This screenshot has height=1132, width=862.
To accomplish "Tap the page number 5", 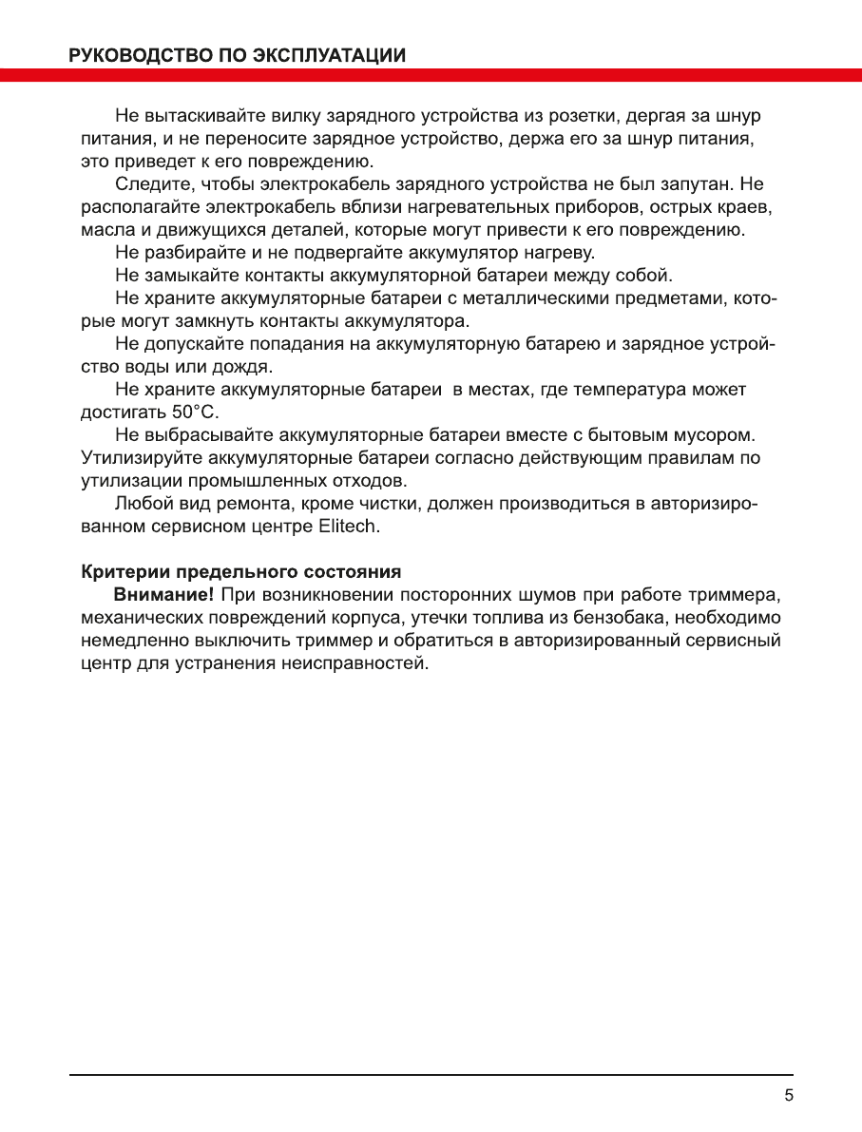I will [x=789, y=1094].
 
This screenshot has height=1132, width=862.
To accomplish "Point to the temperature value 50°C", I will [x=194, y=413].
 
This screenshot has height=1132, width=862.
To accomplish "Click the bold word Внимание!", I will [x=163, y=595].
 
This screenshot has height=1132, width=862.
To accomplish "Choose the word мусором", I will [x=717, y=435].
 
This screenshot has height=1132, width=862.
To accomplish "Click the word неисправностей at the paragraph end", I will [x=354, y=663].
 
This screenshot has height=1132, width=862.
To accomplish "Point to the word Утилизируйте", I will [x=135, y=458].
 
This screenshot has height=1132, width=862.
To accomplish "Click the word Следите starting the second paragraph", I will [x=147, y=184].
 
